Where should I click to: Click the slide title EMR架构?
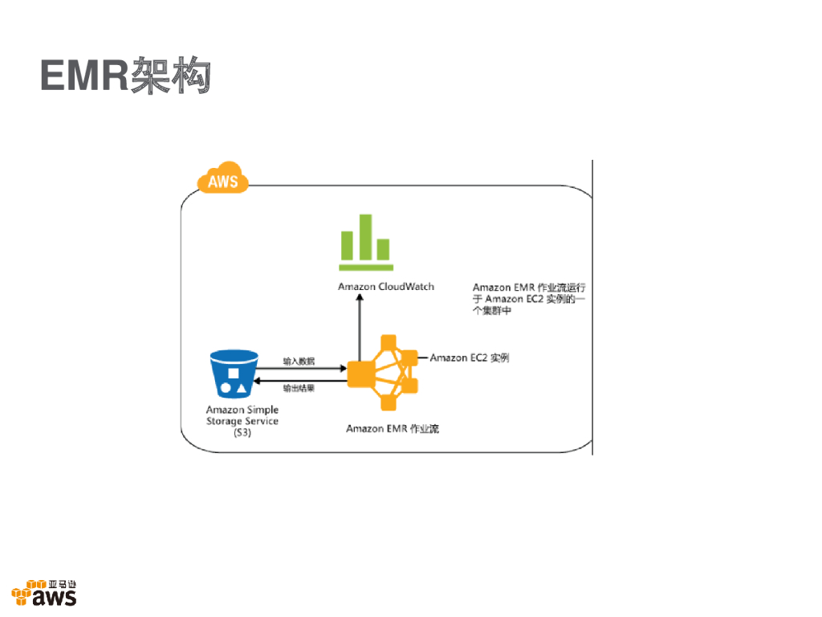pos(125,75)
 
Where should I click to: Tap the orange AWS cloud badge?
pos(223,178)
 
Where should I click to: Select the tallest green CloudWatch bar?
pos(365,237)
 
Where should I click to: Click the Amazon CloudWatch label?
pos(386,287)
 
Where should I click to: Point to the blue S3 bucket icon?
pos(234,374)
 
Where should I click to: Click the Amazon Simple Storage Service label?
pos(242,421)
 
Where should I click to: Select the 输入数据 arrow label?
pos(299,361)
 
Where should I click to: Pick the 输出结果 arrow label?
pos(299,388)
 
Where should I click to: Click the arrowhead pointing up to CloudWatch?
pos(360,297)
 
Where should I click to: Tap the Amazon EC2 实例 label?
pos(470,358)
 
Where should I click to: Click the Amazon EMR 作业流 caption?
pos(393,429)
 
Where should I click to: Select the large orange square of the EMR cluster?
pos(360,374)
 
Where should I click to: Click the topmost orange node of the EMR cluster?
pos(389,342)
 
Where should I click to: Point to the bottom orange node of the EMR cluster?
pos(389,403)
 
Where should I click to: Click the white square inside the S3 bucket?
pos(234,373)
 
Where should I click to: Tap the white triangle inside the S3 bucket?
pos(241,389)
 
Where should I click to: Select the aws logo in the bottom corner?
pos(44,593)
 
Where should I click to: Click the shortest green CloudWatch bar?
pos(383,249)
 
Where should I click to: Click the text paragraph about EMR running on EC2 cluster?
pos(529,299)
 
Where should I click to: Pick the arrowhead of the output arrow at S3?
pos(257,380)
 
